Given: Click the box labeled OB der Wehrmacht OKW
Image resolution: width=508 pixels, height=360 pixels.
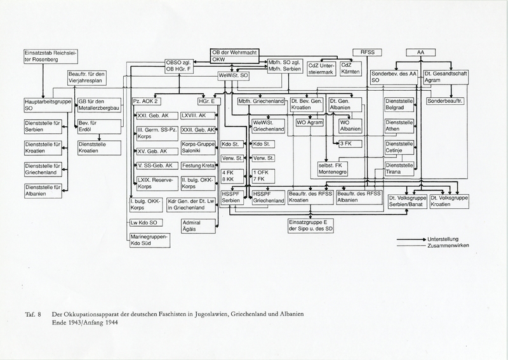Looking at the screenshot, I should click(x=234, y=55).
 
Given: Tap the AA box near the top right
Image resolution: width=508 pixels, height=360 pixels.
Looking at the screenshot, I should click(x=420, y=52).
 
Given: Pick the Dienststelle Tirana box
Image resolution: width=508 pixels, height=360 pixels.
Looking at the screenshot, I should click(x=400, y=169).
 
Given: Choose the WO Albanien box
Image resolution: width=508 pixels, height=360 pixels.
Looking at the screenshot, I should click(x=349, y=125).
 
